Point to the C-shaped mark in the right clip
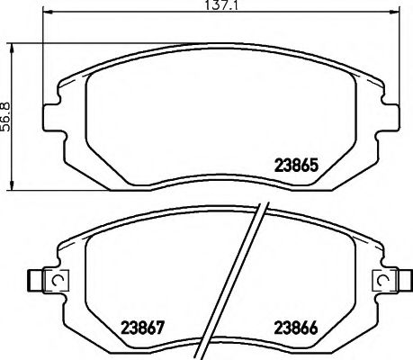click(385, 282)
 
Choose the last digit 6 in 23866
click(317, 328)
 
